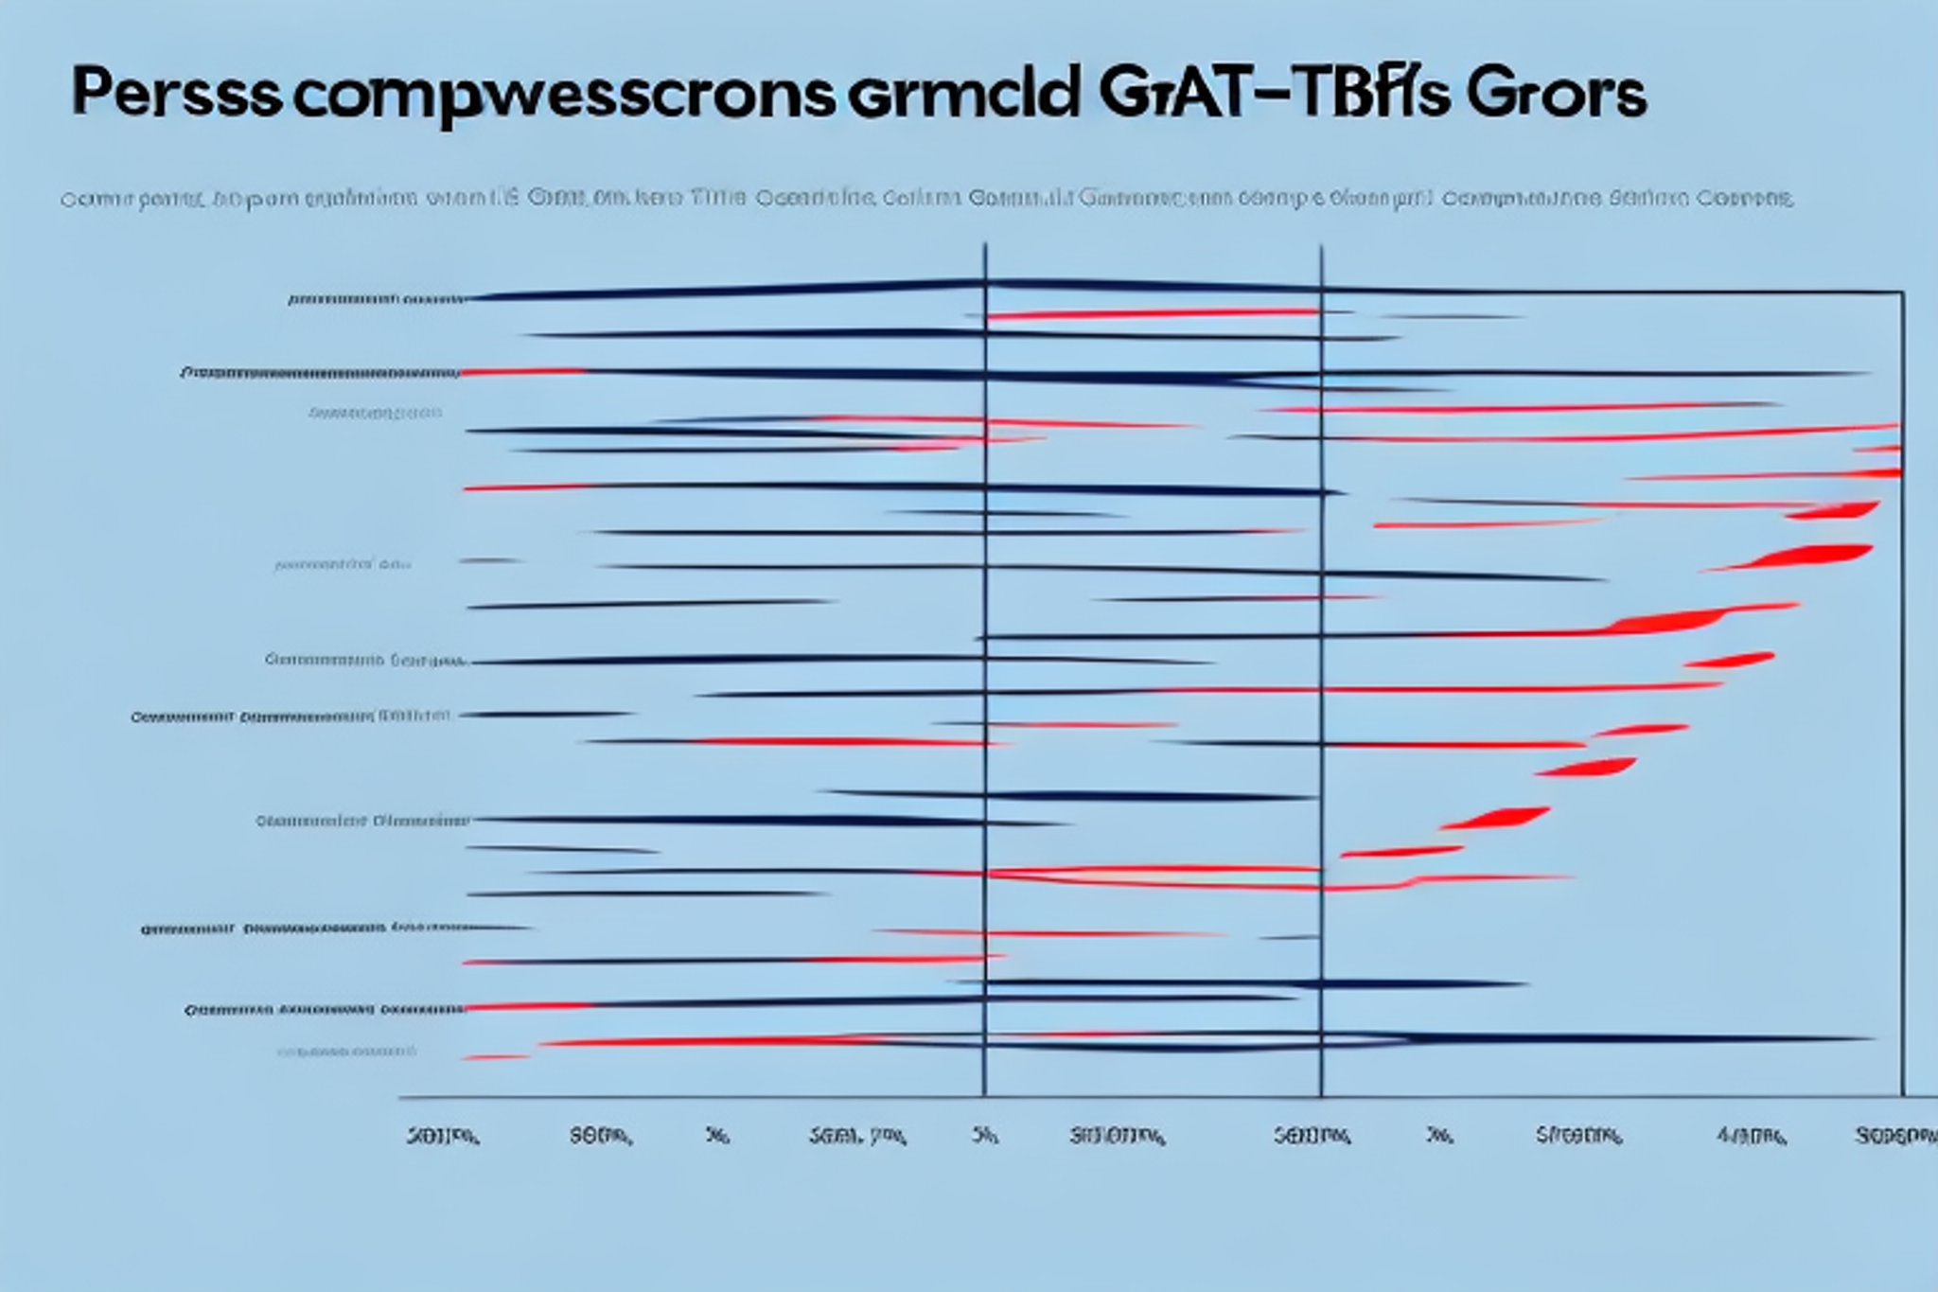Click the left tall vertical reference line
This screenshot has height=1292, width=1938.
985,663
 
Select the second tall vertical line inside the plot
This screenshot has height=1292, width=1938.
1321,663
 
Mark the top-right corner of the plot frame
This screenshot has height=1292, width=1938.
1902,292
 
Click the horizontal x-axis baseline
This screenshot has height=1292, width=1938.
1136,1098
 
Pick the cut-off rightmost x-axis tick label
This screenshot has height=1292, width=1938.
1896,1135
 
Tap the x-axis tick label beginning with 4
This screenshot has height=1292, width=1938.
1751,1136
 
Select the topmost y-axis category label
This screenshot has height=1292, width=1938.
377,300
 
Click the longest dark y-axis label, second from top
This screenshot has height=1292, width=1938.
320,373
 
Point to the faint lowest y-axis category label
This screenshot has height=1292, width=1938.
346,1052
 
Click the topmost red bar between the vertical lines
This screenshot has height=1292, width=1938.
1153,313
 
